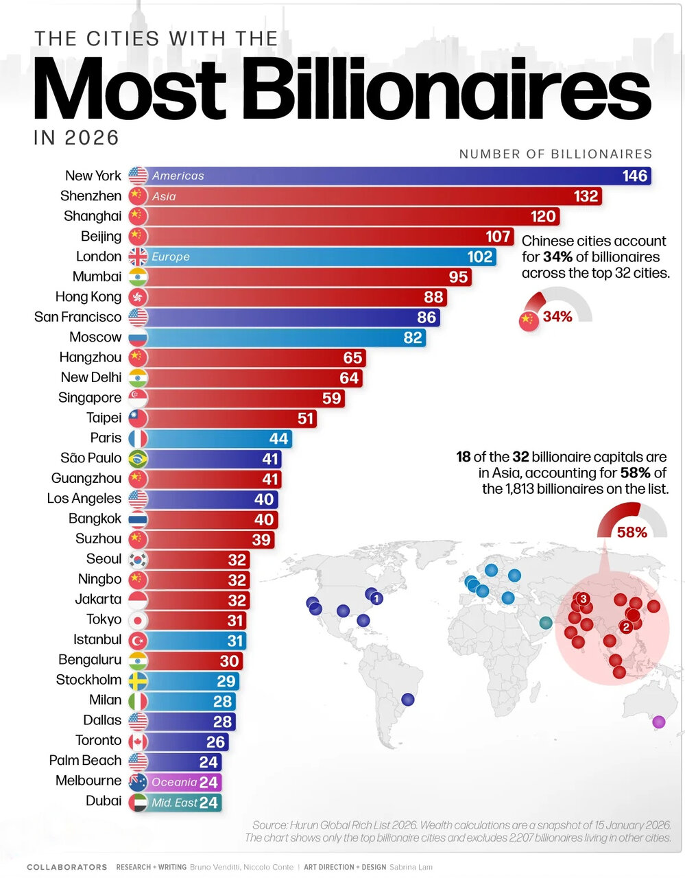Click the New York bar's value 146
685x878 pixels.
coord(634,176)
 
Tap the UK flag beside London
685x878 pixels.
coord(138,257)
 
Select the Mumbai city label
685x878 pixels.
coord(97,276)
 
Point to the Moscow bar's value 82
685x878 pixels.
coord(412,337)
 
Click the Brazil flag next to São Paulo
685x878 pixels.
coord(138,459)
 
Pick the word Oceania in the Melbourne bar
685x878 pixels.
coord(174,782)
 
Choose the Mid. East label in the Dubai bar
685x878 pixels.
coord(174,802)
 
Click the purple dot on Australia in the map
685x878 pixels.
coord(659,721)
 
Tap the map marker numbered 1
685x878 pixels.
coord(376,598)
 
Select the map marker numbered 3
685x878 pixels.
coord(583,599)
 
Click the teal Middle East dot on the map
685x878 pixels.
coord(546,623)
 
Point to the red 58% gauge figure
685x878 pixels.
coord(632,532)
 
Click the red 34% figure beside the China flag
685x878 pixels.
coord(557,317)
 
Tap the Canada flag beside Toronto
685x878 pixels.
coord(138,741)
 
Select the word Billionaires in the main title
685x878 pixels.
coord(446,89)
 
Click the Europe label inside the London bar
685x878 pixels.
coord(171,257)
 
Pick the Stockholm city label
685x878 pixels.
coord(89,680)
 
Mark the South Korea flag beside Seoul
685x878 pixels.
coord(138,560)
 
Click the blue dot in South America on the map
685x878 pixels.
coord(408,699)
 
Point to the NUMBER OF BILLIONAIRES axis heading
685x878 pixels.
coord(556,154)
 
